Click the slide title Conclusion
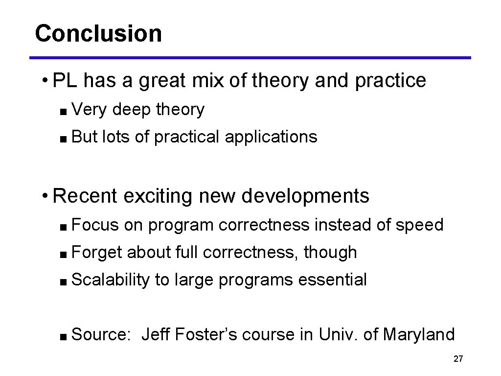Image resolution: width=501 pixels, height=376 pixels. tap(98, 34)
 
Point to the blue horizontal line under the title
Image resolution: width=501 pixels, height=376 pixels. tap(250, 58)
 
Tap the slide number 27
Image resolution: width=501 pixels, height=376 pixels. tap(458, 359)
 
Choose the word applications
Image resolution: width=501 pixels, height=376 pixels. tap(271, 137)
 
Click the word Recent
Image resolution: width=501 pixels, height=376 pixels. tap(85, 196)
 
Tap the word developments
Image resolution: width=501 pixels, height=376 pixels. tap(305, 196)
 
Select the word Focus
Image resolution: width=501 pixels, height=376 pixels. tap(95, 225)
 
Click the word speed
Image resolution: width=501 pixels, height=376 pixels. tap(419, 225)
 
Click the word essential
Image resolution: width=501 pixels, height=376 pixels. tap(332, 280)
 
